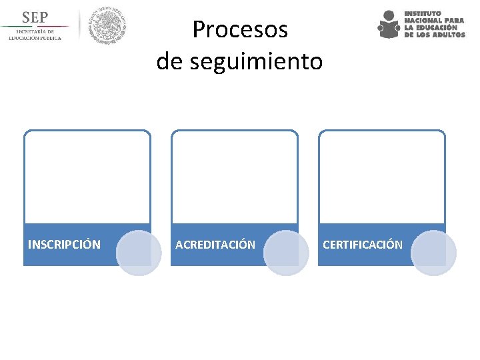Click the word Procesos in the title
tap(240, 29)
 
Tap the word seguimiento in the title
tap(257, 61)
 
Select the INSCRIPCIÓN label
tap(64, 245)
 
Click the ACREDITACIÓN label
tap(215, 245)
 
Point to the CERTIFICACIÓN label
tap(363, 245)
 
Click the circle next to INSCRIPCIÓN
tap(139, 253)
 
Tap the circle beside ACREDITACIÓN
tap(286, 253)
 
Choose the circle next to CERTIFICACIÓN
tap(433, 253)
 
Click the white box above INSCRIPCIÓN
tap(87, 177)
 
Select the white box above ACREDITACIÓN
tap(235, 177)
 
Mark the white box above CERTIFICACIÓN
tap(382, 177)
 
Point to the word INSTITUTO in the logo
tap(423, 13)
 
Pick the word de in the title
tap(169, 61)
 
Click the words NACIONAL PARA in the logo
tap(434, 21)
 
